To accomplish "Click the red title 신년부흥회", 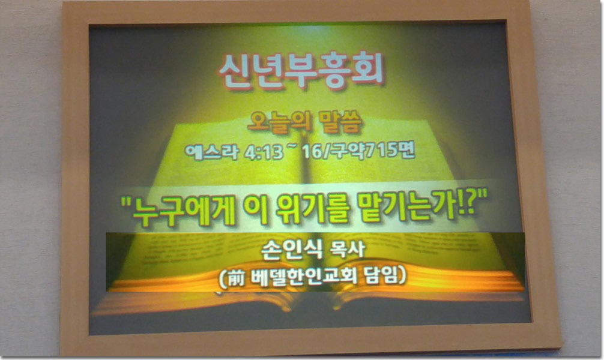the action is point(301,71).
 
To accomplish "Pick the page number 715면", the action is point(390,150).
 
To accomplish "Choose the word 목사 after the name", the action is point(347,250).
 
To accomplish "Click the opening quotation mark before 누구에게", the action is point(126,202).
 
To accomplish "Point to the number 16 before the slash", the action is point(311,152).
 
